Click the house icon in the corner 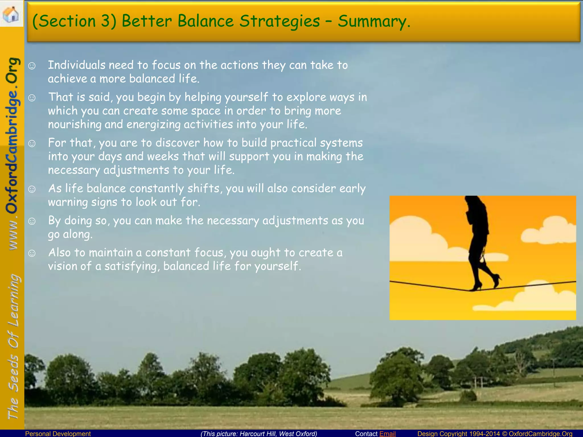click(11, 14)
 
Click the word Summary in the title click(374, 22)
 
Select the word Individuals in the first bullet click(77, 65)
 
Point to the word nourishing click(75, 125)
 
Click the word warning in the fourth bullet click(68, 202)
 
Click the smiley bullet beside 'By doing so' click(32, 221)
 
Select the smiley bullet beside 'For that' click(32, 143)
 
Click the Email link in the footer click(387, 434)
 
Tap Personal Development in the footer click(58, 434)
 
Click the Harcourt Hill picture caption click(259, 434)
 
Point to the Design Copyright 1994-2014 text click(458, 434)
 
